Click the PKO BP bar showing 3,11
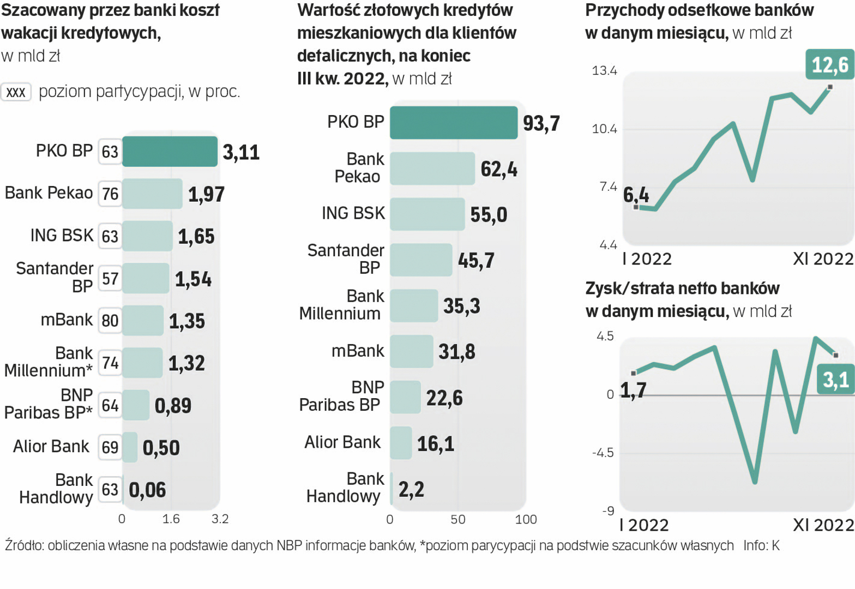170,152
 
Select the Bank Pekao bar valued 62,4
432,169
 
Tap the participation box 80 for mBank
110,321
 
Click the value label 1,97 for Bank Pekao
206,194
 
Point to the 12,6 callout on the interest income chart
829,65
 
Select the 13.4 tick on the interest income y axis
605,71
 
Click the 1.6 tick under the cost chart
171,519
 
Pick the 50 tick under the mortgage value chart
458,520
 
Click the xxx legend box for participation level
16,92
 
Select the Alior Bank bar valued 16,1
401,443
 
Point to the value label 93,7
541,123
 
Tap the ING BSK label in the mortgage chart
353,213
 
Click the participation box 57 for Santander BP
110,279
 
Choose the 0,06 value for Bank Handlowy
147,490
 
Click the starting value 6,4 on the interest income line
636,195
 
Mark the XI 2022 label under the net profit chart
823,525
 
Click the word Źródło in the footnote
25,545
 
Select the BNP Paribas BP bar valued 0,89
136,405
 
